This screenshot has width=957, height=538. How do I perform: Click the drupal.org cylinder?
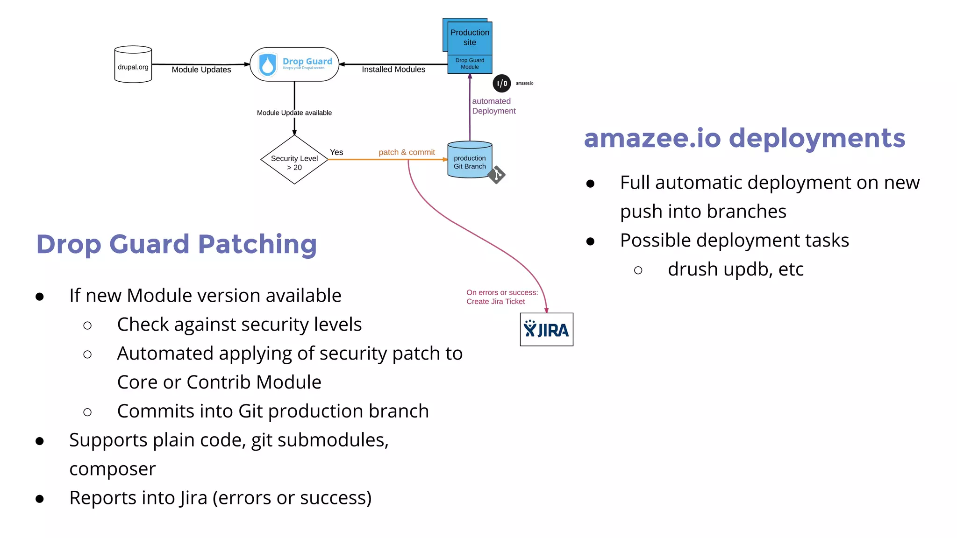133,65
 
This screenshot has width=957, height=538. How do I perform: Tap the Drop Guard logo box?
294,64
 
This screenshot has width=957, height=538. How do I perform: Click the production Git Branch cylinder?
469,160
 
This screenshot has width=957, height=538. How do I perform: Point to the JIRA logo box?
546,330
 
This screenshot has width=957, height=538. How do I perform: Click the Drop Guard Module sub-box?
470,64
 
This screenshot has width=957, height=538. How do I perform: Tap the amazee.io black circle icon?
501,84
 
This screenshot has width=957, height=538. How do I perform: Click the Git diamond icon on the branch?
497,175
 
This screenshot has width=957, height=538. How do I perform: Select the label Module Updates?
201,70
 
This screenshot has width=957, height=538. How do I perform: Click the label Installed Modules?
393,70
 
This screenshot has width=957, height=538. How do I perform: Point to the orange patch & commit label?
407,152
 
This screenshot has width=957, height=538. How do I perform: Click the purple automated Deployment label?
493,106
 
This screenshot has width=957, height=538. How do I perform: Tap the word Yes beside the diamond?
336,152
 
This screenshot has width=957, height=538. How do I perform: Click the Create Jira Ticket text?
495,302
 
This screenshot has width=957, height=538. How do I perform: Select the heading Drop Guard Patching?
177,244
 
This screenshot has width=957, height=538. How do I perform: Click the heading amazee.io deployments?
744,138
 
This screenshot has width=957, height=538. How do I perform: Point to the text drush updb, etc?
735,269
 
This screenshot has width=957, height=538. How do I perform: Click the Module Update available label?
294,113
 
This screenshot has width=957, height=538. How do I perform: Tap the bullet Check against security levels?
239,325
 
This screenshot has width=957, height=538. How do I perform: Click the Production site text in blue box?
470,37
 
